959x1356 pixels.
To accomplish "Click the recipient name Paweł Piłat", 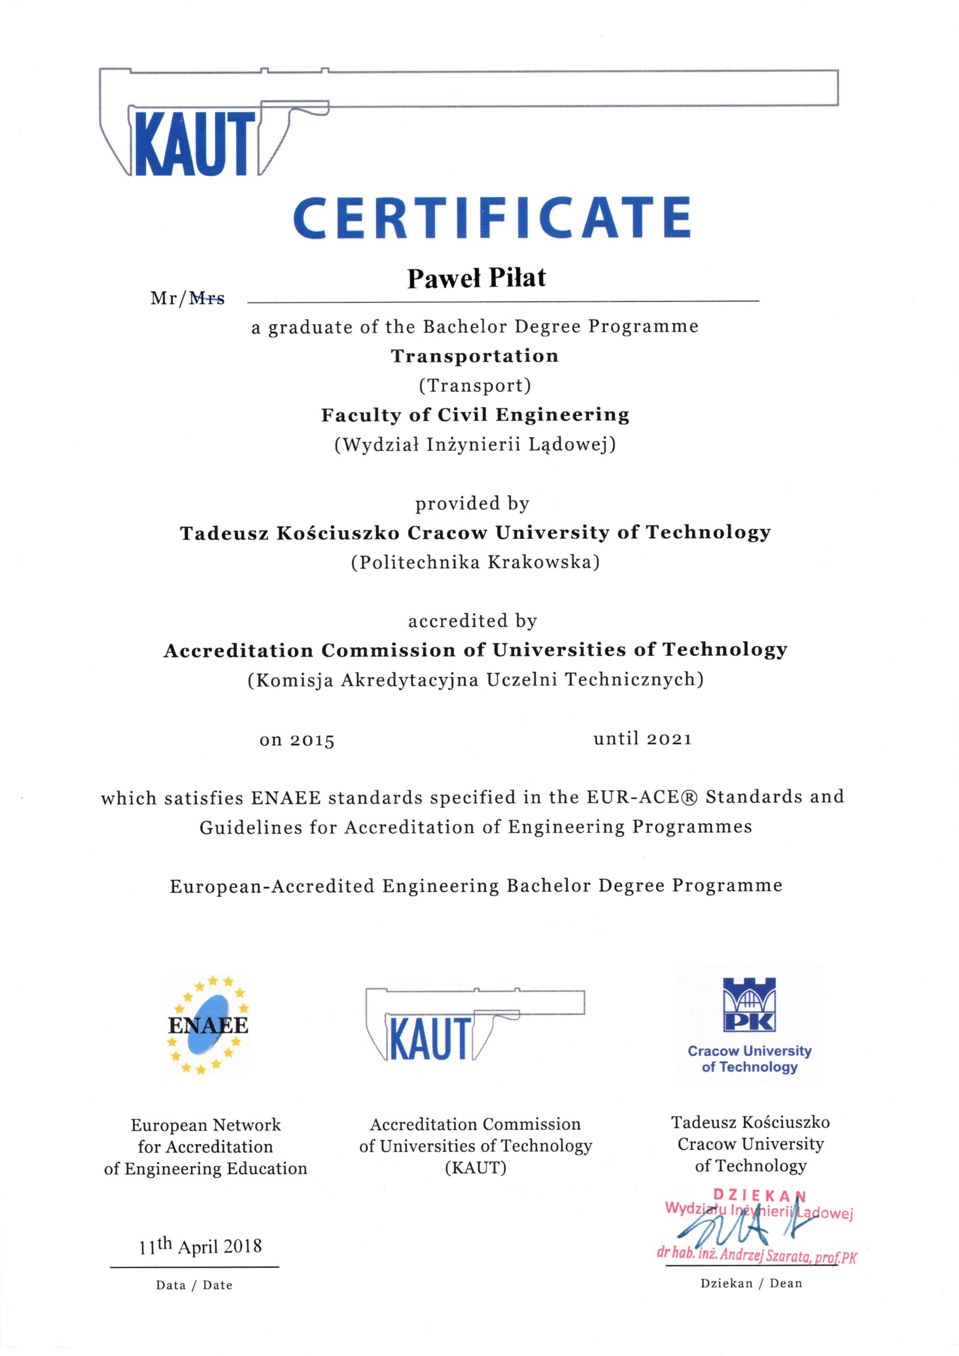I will [x=476, y=278].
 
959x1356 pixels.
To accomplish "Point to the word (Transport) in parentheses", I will [x=475, y=386].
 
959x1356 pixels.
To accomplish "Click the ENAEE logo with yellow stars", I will [x=208, y=1024].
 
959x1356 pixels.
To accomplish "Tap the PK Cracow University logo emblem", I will [x=749, y=1004].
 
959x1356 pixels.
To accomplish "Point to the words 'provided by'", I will [x=472, y=504].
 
